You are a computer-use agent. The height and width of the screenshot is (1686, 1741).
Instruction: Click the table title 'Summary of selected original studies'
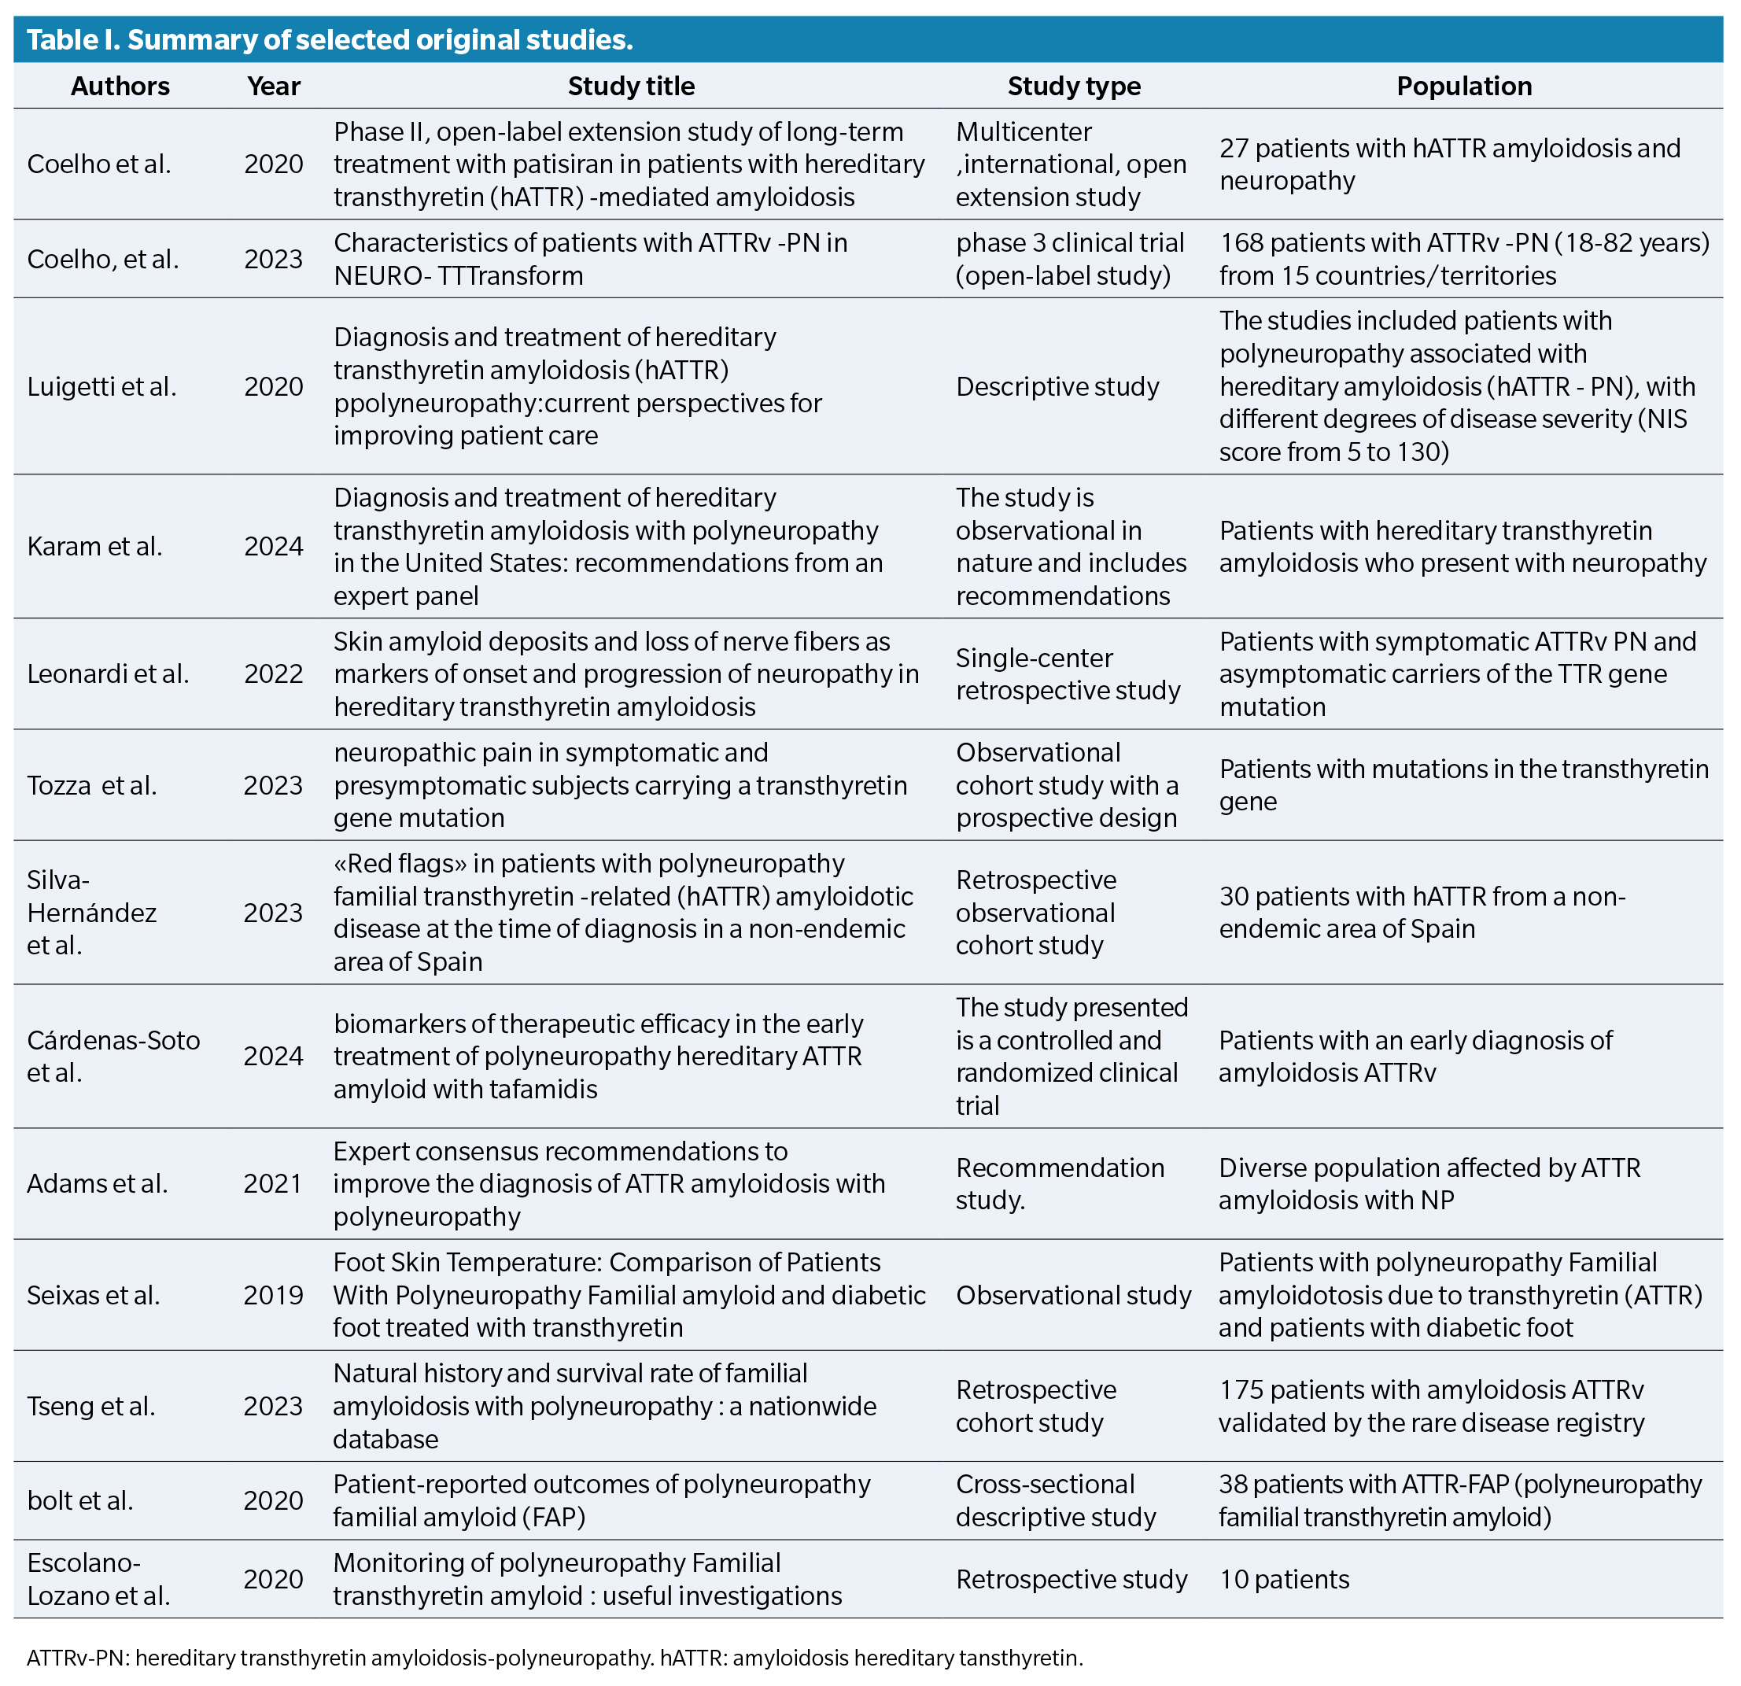click(329, 40)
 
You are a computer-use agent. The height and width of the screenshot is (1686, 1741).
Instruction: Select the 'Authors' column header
click(120, 87)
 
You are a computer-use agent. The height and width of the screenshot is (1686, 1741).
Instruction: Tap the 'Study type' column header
click(1073, 87)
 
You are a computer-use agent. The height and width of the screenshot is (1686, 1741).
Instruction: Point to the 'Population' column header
click(1463, 87)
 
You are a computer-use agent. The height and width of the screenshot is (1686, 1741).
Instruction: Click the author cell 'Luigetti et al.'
click(101, 386)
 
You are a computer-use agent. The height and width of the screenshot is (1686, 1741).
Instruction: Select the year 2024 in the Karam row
click(273, 546)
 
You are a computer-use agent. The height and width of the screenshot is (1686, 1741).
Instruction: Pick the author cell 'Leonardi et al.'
click(108, 674)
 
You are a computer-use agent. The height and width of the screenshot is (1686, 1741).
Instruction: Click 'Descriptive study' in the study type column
click(1057, 386)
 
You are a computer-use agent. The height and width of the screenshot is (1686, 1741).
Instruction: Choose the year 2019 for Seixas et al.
click(273, 1294)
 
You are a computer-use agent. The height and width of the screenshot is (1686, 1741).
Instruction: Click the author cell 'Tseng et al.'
click(90, 1405)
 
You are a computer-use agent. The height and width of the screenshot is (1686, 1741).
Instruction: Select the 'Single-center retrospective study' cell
click(1068, 674)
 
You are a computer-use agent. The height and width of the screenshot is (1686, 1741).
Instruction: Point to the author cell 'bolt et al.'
click(80, 1500)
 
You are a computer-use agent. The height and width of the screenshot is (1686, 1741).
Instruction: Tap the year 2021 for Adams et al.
click(273, 1183)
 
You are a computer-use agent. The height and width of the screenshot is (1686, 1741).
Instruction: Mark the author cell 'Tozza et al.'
click(91, 785)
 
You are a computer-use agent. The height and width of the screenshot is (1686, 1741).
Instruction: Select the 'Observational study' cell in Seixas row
click(1073, 1294)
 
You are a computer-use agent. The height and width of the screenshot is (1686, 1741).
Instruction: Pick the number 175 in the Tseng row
click(1240, 1389)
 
